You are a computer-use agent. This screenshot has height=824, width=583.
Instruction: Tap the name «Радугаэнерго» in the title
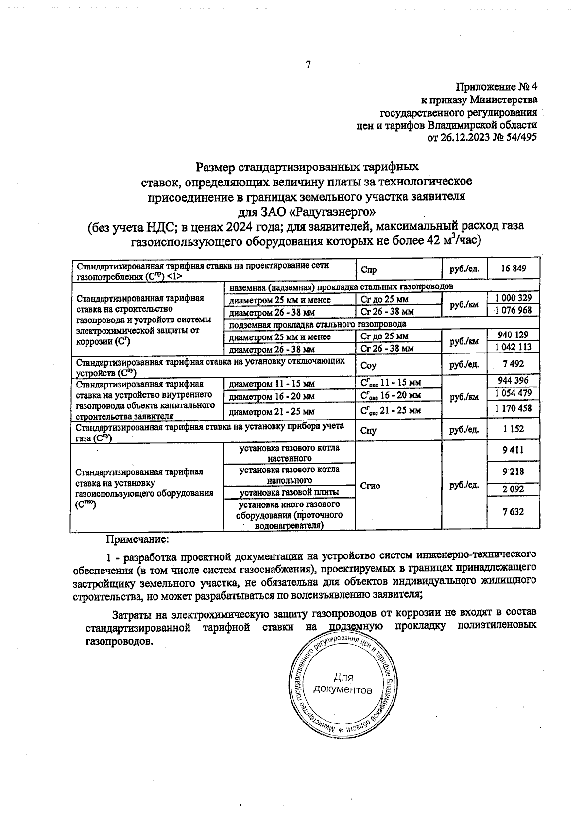point(331,212)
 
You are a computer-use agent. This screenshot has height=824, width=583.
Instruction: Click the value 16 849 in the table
point(513,269)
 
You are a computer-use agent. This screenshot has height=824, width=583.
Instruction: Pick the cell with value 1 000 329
point(513,298)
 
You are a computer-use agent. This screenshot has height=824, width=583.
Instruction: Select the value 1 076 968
point(513,310)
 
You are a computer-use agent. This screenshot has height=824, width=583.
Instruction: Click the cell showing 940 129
point(513,334)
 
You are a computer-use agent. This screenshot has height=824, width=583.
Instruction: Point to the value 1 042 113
point(513,347)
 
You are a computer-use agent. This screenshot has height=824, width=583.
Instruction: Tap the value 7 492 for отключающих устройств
point(513,364)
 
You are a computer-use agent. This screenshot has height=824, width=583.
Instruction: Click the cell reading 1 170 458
point(513,408)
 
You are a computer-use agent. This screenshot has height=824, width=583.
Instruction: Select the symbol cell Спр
point(369,270)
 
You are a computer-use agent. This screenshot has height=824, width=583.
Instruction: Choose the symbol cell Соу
point(368,365)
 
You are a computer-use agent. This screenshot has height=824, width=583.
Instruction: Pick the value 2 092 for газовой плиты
point(513,489)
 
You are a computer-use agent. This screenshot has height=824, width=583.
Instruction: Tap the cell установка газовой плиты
point(290,492)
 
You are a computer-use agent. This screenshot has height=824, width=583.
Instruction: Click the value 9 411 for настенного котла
point(513,450)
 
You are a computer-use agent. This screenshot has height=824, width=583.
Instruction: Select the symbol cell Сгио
point(370,485)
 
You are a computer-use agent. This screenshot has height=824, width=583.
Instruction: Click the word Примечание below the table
point(137,539)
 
